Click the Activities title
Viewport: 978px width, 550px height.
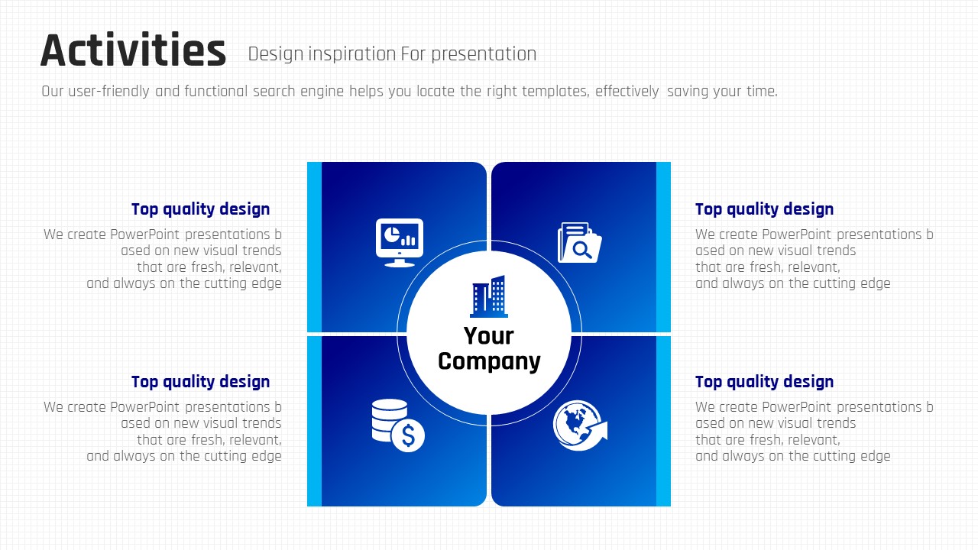tap(133, 50)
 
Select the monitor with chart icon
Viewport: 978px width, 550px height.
tap(400, 243)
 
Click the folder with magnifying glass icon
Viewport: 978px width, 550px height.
tap(579, 243)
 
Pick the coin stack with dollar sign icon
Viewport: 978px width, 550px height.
tap(398, 425)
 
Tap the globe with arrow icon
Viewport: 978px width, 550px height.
tap(580, 425)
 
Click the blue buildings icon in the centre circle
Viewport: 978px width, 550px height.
tap(489, 296)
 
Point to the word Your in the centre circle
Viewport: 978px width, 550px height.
tap(488, 335)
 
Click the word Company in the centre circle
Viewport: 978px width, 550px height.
tap(489, 362)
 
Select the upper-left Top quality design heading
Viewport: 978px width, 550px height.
tap(200, 209)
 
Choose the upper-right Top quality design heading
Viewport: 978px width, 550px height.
tap(765, 209)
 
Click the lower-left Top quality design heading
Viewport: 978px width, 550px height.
tap(200, 382)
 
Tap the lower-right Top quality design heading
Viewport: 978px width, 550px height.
tap(765, 382)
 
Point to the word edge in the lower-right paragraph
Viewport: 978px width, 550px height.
tap(876, 457)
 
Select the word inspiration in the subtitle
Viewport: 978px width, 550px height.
tap(352, 55)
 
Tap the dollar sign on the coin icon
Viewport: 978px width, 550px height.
tap(408, 435)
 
